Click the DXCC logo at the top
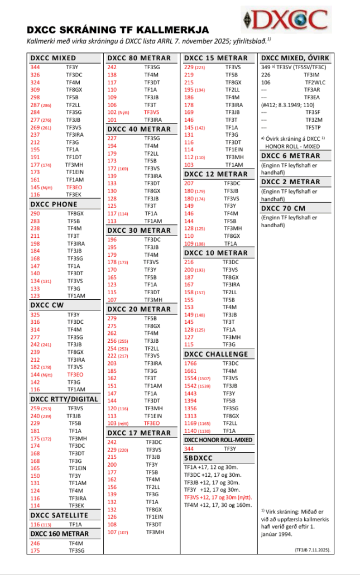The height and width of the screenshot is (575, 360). pos(286,20)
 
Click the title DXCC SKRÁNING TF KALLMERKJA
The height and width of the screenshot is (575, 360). pos(118,30)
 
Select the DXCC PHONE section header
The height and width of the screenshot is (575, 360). pos(54,204)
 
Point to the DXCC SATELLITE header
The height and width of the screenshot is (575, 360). pos(59,515)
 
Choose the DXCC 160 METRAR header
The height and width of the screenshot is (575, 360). pos(60,534)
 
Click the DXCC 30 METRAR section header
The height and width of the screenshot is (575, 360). pos(139,230)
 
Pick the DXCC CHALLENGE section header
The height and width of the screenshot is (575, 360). pos(216,354)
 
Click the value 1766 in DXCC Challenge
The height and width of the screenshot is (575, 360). pos(190,363)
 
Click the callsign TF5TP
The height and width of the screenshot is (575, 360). pos(312,127)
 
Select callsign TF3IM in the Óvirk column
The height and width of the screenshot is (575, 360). pos(311,74)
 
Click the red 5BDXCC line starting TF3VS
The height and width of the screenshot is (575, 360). pos(218,497)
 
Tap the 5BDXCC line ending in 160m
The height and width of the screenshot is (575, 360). pos(218,505)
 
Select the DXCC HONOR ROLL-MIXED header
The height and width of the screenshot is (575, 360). pos(218,440)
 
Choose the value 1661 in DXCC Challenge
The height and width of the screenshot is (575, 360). pos(190,371)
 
